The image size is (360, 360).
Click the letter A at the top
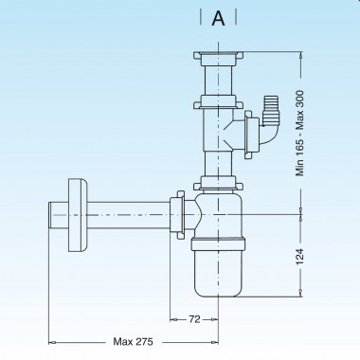218,19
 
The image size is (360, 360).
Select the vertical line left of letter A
202,19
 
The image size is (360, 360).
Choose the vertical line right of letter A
234,19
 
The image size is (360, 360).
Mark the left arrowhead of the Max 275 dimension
53,339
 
